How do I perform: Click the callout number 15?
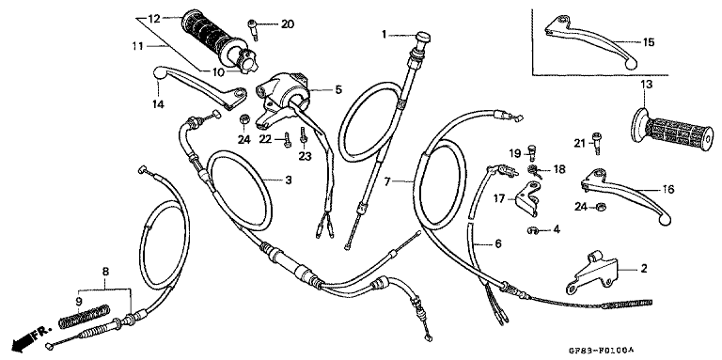coord(648,42)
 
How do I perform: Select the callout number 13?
coord(647,86)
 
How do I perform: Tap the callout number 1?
coord(385,34)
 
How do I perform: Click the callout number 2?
coord(644,269)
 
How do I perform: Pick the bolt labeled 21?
coord(597,144)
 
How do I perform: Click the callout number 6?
coord(497,243)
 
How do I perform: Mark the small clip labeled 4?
coord(532,228)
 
